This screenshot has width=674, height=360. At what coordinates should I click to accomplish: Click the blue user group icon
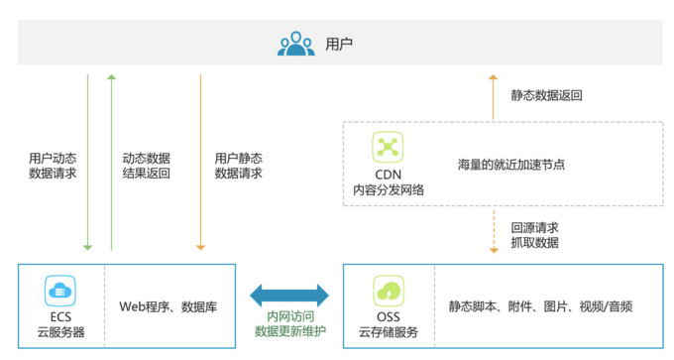pos(296,45)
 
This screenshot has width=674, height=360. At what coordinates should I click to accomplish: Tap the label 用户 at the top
pos(339,45)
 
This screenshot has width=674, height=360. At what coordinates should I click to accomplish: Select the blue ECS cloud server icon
pos(60,292)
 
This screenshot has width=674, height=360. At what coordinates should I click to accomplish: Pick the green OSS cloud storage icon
pos(387,292)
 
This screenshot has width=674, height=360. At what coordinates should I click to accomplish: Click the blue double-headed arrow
pos(289,295)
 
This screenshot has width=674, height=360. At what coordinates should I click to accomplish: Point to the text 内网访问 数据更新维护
pos(289,322)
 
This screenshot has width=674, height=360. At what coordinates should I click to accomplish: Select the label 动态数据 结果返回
pos(146,165)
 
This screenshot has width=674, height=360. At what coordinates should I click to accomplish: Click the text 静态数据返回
pos(546,96)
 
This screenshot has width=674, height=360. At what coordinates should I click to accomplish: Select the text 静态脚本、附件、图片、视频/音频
pos(540,305)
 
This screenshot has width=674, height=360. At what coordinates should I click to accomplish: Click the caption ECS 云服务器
pos(60,324)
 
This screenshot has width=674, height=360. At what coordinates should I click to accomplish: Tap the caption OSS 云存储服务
pos(388,324)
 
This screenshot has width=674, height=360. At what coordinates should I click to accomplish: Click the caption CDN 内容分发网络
pos(388,181)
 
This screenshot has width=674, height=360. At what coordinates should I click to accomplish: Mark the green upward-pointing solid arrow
pos(111,159)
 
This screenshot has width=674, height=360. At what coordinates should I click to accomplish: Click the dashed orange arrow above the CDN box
pos(493,94)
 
